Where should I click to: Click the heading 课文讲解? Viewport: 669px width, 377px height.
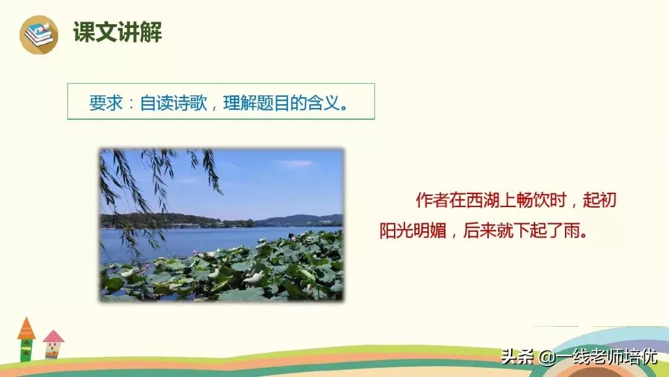point(118,32)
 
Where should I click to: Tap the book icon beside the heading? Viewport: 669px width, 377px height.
point(38,35)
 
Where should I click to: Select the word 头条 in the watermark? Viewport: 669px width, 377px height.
point(515,358)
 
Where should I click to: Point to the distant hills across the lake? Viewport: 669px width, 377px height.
point(297,220)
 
